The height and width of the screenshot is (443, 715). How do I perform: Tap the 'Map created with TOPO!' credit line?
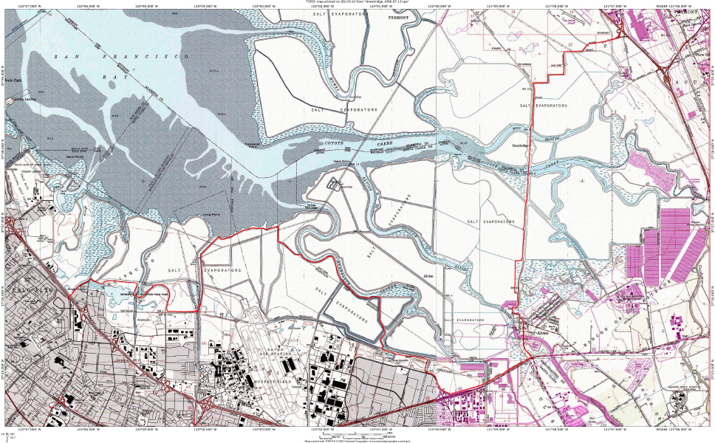pos(357,441)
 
